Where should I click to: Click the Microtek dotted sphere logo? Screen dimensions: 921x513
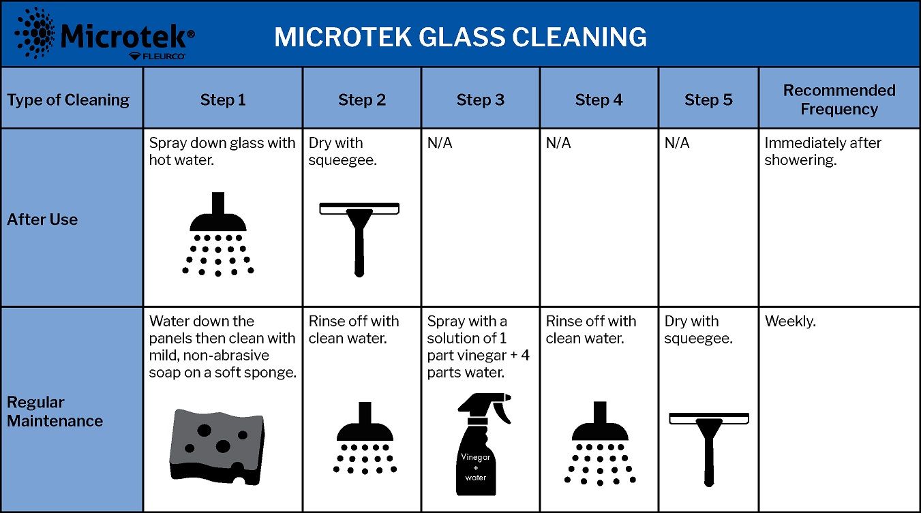tap(35, 33)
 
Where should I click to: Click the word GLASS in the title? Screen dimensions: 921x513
tap(462, 37)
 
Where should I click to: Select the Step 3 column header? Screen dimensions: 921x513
tap(480, 100)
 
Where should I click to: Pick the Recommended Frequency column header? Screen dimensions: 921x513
tap(839, 99)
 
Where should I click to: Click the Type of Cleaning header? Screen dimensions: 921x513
tap(68, 100)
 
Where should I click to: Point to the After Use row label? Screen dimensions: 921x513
tap(42, 219)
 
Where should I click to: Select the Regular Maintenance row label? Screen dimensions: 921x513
tap(55, 411)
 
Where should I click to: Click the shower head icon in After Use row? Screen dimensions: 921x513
tap(218, 234)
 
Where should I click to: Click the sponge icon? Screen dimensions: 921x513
tap(217, 447)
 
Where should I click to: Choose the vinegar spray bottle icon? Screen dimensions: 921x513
tap(482, 444)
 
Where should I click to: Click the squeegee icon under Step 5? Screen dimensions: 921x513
tap(709, 450)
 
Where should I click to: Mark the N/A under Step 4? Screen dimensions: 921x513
tap(558, 143)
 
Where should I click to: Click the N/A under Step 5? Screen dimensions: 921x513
tap(677, 143)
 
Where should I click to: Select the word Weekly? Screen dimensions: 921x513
tap(790, 322)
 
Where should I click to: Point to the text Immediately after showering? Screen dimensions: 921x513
tap(823, 151)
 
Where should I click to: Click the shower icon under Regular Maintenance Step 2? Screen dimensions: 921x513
tap(365, 438)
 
